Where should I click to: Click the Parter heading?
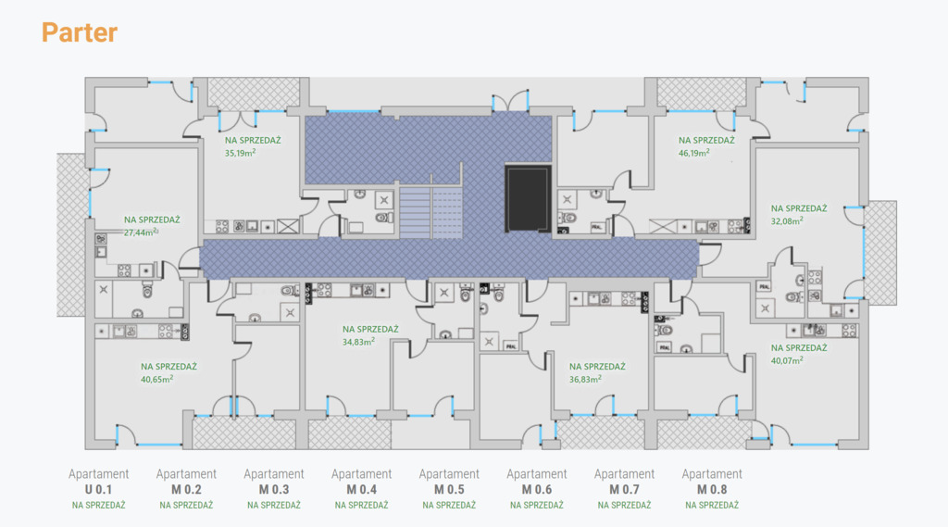pos(80,33)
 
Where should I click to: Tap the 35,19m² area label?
pos(241,153)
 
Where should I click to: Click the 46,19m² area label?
pos(694,153)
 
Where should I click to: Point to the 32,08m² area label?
pos(786,221)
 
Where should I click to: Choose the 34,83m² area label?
pos(358,341)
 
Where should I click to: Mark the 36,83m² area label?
pos(586,378)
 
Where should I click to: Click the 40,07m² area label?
pos(787,360)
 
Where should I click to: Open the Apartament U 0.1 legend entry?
pos(99,481)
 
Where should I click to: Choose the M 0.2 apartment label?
pos(186,489)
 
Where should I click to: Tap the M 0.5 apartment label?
pos(449,489)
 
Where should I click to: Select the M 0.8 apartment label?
pos(712,489)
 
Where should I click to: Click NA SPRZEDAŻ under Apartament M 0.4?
pos(361,506)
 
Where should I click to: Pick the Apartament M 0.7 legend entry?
pos(624,481)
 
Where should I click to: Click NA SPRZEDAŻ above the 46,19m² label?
pos(707,141)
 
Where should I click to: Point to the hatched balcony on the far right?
pos(880,252)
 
